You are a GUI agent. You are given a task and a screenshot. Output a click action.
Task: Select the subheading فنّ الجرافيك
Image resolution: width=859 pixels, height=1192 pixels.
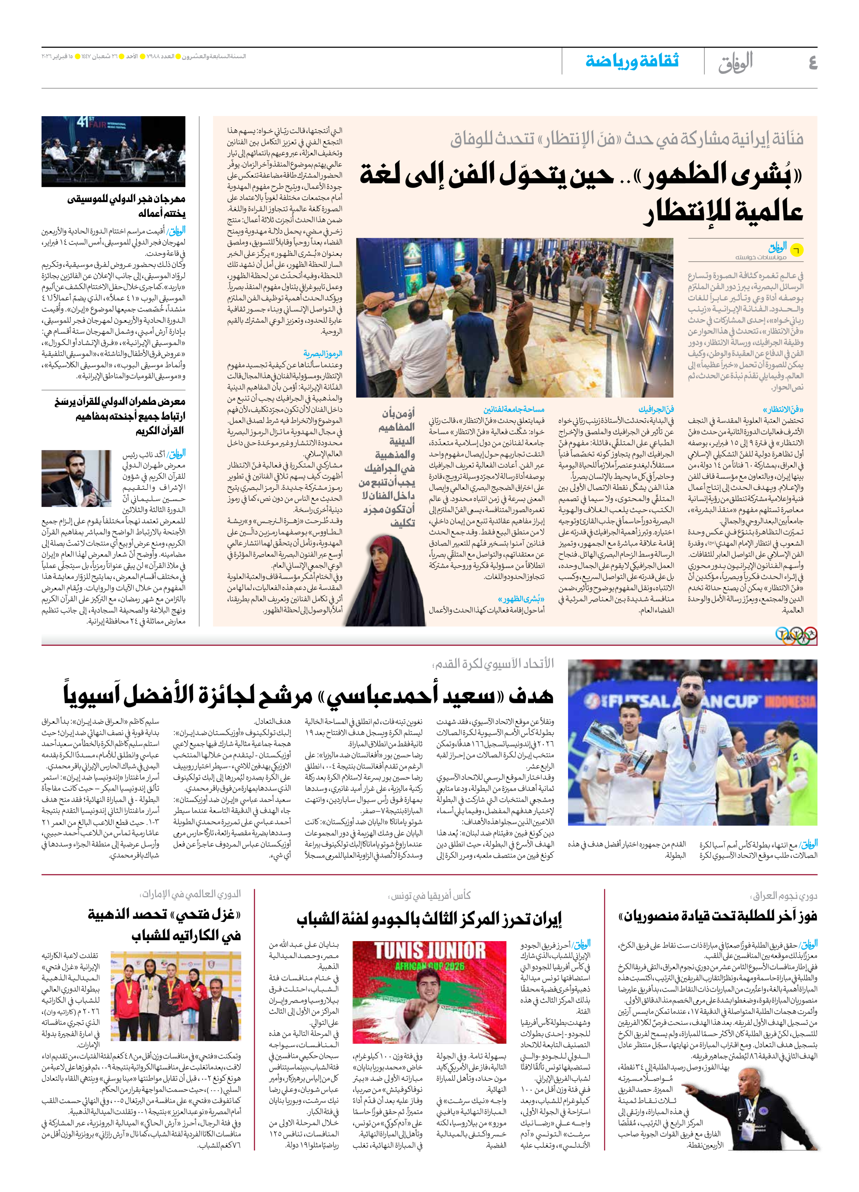[x=656, y=409]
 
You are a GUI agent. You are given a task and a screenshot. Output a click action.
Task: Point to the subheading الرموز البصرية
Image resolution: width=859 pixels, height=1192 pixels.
[x=323, y=354]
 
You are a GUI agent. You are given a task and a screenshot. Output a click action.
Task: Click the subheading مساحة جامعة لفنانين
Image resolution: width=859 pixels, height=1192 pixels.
[x=514, y=409]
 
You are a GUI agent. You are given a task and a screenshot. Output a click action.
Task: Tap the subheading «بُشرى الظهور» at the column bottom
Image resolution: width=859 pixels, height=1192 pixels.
[x=521, y=599]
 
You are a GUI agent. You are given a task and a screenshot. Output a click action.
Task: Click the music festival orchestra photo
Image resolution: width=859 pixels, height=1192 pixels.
[x=113, y=151]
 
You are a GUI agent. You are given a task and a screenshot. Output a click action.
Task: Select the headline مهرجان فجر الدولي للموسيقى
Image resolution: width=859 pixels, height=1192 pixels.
[x=126, y=199]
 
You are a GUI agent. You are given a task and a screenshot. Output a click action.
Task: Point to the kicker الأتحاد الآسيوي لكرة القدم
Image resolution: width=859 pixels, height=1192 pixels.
[x=493, y=663]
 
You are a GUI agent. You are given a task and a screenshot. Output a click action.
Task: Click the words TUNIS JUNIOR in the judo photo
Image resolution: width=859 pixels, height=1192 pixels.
[x=429, y=951]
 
